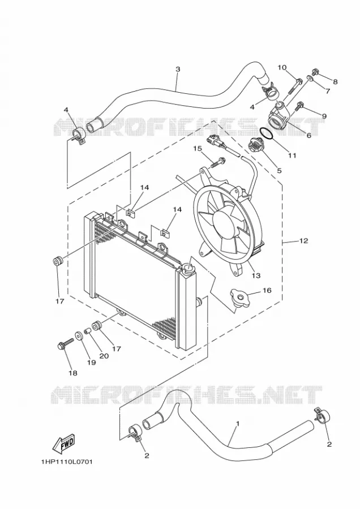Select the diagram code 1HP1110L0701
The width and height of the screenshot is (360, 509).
[67, 461]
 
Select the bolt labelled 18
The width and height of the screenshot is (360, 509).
[65, 344]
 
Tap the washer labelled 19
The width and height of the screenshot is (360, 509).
[79, 335]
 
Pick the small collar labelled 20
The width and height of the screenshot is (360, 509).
[87, 331]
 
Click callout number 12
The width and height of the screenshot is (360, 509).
[303, 241]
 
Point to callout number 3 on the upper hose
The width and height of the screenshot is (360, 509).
[178, 69]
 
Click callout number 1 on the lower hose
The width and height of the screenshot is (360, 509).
[238, 424]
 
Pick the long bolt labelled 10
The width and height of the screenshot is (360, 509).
[295, 84]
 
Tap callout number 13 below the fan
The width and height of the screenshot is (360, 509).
[256, 275]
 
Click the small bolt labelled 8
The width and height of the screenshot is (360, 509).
[315, 71]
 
